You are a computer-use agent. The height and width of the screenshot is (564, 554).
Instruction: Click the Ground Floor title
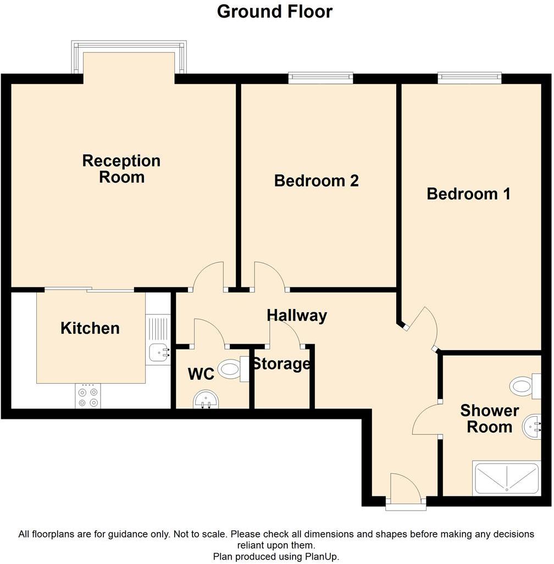click(275, 11)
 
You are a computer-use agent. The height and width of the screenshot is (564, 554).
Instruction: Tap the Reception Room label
click(121, 169)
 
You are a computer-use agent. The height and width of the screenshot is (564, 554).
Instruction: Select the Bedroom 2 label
click(316, 180)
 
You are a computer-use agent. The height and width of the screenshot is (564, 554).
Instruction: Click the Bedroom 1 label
click(468, 193)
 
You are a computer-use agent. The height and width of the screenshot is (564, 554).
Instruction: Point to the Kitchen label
click(90, 328)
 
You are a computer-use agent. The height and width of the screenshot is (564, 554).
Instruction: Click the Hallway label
click(297, 316)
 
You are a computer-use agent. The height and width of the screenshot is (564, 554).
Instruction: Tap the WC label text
click(201, 374)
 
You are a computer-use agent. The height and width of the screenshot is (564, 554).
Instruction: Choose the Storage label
click(281, 364)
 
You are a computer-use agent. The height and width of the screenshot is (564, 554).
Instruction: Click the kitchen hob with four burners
click(88, 397)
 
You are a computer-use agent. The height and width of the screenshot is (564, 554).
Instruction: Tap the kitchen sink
click(158, 351)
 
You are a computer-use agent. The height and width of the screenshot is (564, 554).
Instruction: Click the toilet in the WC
click(232, 368)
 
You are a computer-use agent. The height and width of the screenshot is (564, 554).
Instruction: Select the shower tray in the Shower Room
click(506, 479)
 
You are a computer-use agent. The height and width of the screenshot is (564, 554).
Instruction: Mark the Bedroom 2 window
click(321, 78)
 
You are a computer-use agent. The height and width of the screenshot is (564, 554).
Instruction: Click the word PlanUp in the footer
click(322, 556)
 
